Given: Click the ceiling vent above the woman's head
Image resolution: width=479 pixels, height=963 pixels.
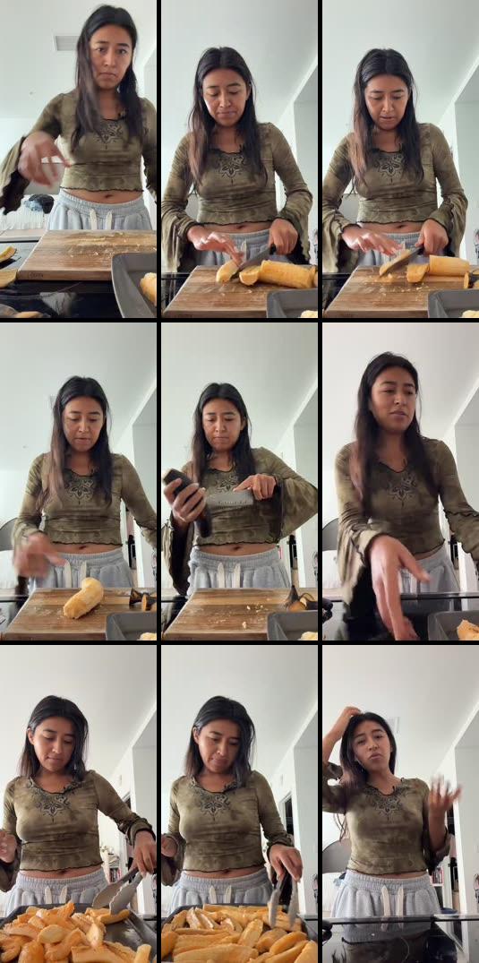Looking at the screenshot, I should tap(65, 41).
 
